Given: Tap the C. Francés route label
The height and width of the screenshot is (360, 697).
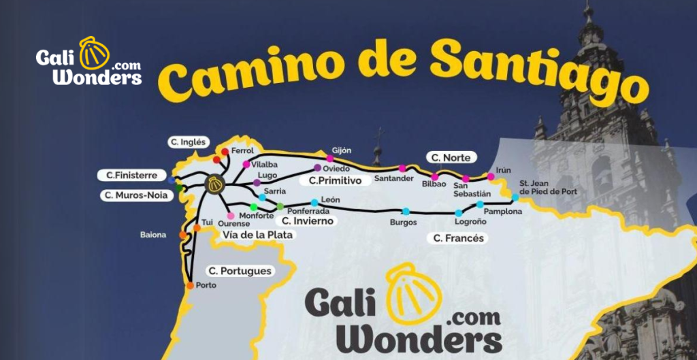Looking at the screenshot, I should [x=459, y=238].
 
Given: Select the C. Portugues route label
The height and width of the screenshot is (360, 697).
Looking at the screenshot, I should [x=240, y=271].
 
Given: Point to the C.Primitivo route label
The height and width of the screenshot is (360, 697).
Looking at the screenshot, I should [x=334, y=181].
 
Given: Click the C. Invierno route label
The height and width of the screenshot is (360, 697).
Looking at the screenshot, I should [x=308, y=221].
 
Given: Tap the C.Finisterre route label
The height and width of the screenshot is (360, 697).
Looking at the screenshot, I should [x=131, y=176].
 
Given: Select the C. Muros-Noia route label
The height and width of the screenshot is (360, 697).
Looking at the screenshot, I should [x=135, y=195].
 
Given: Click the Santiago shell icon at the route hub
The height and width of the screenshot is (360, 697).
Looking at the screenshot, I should [x=215, y=184].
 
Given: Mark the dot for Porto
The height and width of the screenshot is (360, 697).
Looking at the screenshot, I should [x=190, y=286].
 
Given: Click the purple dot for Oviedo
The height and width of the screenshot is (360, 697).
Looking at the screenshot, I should [x=317, y=167].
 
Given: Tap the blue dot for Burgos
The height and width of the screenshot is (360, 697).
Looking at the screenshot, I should [x=406, y=212].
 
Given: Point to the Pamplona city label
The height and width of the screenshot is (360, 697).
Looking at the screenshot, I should [x=502, y=212].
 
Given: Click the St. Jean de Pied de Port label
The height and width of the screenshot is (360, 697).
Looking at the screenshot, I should [x=548, y=187].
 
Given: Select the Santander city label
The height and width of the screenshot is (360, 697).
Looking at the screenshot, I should [x=393, y=179].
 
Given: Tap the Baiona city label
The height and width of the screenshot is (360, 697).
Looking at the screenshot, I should [x=153, y=235].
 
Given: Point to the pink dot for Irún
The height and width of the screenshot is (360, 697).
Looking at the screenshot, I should [x=490, y=177].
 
